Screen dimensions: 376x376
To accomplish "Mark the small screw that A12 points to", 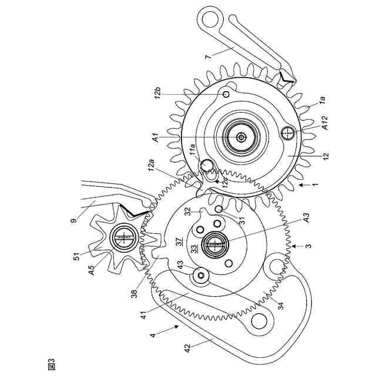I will pos(287,133).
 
